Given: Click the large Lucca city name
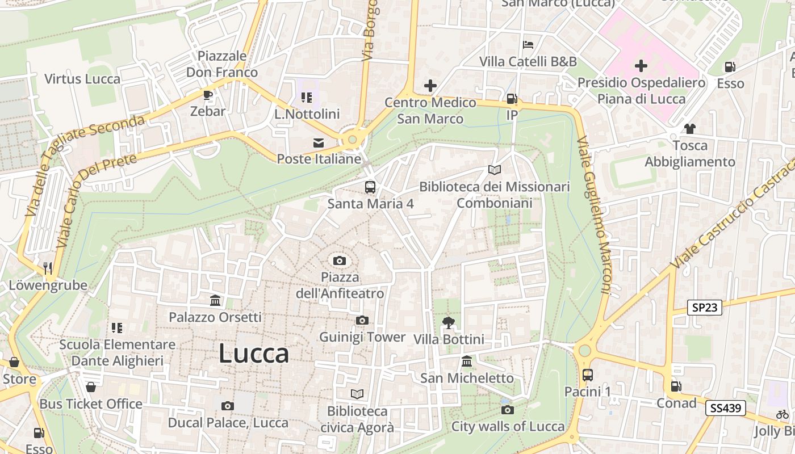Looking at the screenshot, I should [x=254, y=354].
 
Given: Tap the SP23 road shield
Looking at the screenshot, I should [x=705, y=308].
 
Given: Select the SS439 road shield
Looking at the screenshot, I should [x=725, y=407].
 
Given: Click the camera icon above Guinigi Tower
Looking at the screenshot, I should [x=362, y=321].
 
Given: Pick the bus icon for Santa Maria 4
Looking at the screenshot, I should [x=370, y=187].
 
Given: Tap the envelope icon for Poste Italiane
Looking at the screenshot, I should [x=319, y=143].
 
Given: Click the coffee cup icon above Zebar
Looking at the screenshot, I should [x=208, y=95].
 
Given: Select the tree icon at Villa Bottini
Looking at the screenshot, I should [x=449, y=323].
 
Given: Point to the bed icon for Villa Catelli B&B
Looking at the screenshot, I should [x=528, y=45].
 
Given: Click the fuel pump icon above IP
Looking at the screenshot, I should [x=512, y=99].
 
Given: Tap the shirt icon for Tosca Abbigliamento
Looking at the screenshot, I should [x=690, y=129].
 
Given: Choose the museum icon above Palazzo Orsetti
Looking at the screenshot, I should [x=215, y=300].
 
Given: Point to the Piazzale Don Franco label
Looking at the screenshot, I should [x=222, y=64].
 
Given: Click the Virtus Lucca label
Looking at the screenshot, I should [x=82, y=79].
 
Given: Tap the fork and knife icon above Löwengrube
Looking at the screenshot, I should [x=48, y=268].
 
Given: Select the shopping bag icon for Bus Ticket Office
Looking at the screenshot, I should [x=90, y=388].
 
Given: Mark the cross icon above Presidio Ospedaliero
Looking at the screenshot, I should [x=641, y=66].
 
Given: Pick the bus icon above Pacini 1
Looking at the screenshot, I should [x=588, y=375].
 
